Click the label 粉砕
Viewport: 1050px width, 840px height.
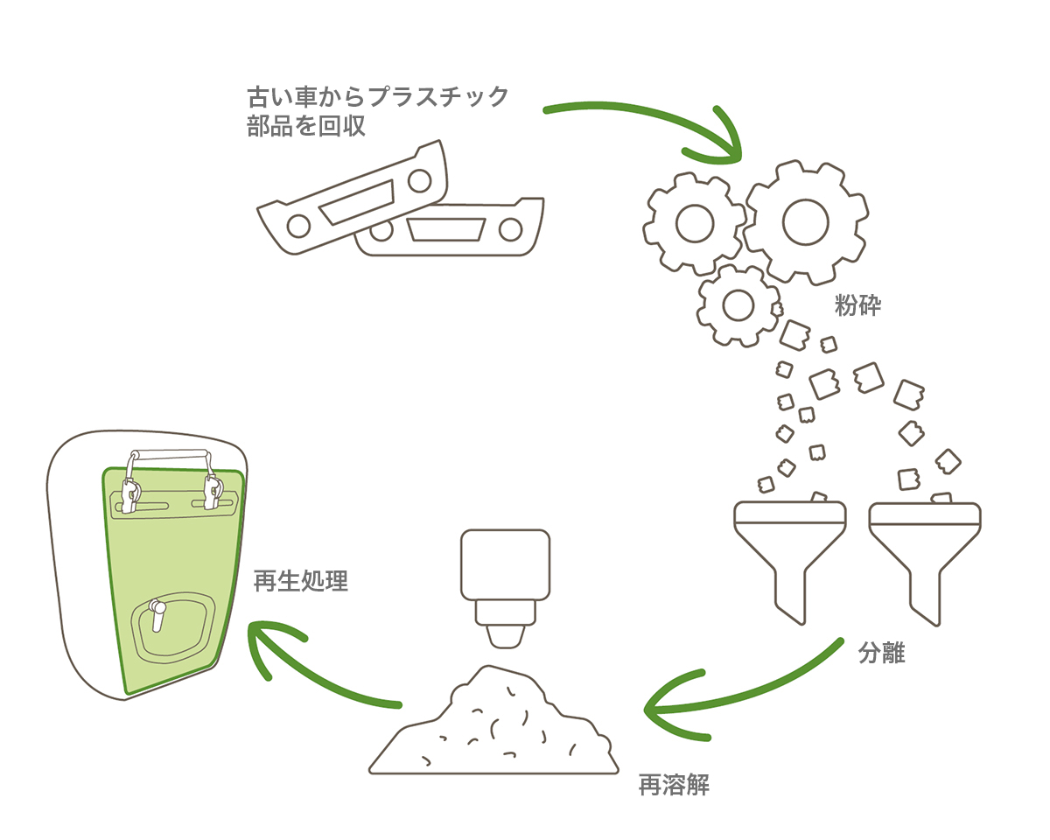857,306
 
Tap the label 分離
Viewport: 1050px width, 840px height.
881,653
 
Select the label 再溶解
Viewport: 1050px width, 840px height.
674,786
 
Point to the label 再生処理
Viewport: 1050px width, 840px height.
301,581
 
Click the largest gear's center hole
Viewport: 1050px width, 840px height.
806,221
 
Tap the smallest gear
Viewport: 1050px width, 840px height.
737,304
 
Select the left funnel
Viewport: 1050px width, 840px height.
789,551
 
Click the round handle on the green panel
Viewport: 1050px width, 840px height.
158,612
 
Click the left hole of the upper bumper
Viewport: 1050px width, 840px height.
298,224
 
